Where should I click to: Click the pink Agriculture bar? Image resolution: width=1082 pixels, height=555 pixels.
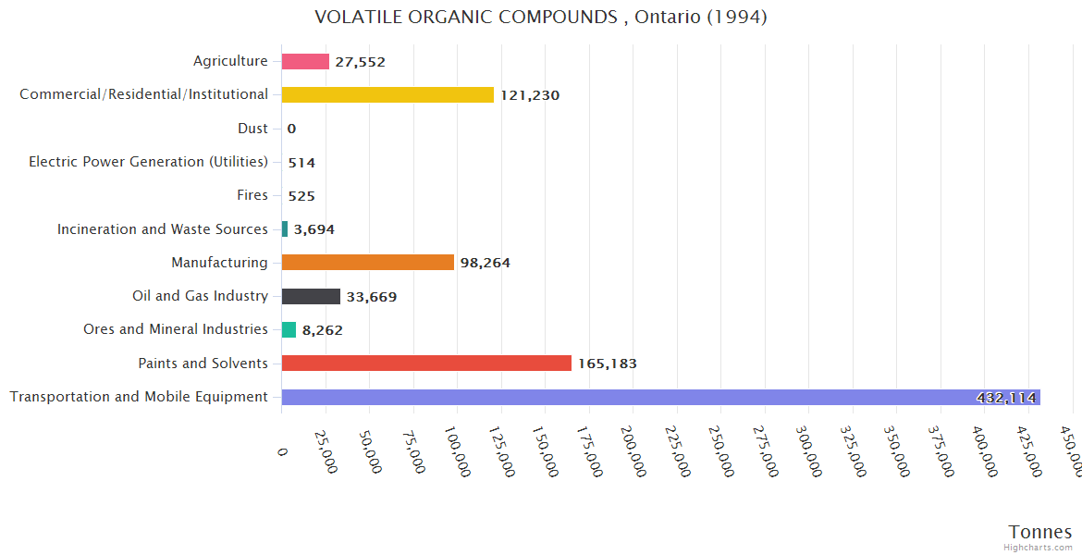(305, 61)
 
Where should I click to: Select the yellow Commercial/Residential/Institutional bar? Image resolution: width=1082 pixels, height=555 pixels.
(387, 94)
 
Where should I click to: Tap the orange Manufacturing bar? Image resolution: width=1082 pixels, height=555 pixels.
(368, 263)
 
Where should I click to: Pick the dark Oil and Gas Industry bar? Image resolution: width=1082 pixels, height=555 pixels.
(311, 296)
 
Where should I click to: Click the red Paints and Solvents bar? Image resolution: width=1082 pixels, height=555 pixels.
(426, 363)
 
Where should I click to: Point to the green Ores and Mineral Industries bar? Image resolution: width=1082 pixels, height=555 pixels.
(289, 329)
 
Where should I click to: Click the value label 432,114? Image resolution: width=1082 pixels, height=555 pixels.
(1006, 398)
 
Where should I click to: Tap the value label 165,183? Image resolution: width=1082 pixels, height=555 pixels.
(608, 364)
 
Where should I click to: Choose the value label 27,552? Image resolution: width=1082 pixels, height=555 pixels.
(360, 62)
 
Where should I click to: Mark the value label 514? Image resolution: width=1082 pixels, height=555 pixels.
(301, 163)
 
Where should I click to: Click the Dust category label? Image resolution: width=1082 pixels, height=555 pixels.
(252, 129)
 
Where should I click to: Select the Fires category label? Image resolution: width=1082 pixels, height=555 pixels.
(252, 195)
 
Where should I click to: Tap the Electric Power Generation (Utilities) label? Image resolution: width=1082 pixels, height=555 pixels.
(148, 162)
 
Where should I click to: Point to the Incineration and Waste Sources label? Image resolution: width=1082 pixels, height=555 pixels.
(163, 228)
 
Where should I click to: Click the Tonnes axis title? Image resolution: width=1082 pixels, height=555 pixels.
(1040, 531)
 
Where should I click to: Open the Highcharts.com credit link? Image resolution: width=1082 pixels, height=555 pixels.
(1039, 548)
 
